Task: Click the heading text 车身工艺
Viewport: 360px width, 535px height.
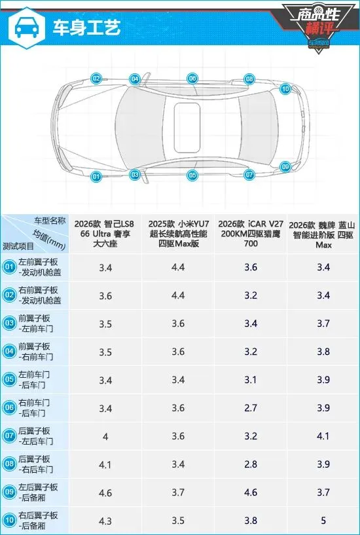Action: pos(86,28)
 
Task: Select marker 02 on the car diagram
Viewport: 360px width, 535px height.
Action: pos(96,79)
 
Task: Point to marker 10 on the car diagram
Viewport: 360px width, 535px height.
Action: pos(285,89)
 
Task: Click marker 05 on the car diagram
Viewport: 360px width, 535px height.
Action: pos(192,175)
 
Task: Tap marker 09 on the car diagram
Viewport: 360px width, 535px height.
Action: pos(285,167)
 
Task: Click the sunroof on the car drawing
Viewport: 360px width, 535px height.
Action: pos(187,128)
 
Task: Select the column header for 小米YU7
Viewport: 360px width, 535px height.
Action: pos(178,234)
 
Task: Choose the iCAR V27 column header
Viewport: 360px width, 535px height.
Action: pos(251,234)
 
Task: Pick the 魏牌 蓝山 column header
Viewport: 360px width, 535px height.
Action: pos(323,234)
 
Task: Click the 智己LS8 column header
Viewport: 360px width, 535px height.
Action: pos(105,234)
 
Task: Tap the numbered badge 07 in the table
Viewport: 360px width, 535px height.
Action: pos(9,435)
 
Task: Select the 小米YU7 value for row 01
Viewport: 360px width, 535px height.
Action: pos(178,267)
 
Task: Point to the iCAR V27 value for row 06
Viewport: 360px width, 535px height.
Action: pos(251,408)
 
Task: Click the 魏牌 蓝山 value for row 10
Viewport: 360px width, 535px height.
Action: pos(323,521)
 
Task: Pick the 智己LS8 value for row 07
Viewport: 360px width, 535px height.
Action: pos(105,436)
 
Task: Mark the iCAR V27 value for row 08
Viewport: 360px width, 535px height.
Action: pos(251,464)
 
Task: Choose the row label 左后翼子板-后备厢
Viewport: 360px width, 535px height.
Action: pos(38,492)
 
